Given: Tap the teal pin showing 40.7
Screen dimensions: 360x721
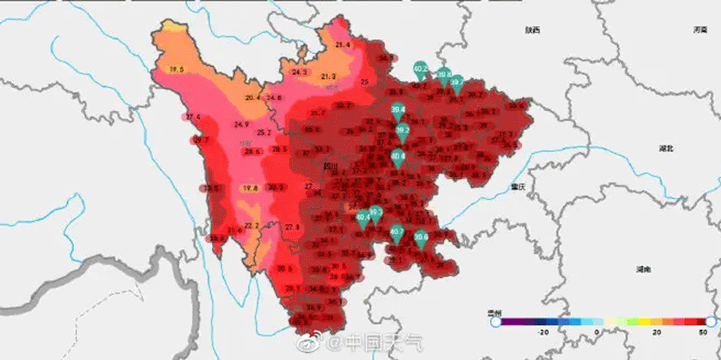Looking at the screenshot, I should pyautogui.click(x=397, y=233).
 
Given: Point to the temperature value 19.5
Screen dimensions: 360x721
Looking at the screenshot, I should pyautogui.click(x=177, y=70).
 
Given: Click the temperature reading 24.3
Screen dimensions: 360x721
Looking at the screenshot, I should pyautogui.click(x=299, y=72).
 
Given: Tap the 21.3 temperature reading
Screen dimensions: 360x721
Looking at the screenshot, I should pyautogui.click(x=328, y=76).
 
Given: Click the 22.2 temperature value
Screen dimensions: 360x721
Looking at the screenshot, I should pyautogui.click(x=252, y=226).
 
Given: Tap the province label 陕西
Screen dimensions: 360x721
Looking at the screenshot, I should pyautogui.click(x=533, y=30).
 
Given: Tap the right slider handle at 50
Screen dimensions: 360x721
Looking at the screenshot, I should pyautogui.click(x=711, y=322).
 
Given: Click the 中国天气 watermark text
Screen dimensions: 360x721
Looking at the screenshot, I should pyautogui.click(x=384, y=342).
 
